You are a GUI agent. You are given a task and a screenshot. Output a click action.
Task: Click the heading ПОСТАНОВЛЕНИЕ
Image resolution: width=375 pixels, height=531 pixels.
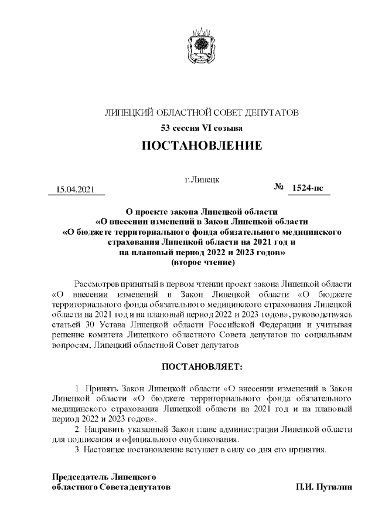[x=202, y=145]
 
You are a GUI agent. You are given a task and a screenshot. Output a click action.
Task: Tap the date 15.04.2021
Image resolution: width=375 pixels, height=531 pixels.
[x=75, y=188]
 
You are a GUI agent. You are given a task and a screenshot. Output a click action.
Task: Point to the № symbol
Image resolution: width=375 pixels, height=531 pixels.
[x=278, y=187]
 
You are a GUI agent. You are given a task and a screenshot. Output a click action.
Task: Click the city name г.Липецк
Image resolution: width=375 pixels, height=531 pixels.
[x=202, y=178]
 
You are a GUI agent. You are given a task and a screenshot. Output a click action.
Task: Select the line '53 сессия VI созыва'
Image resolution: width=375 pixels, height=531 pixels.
[x=202, y=127]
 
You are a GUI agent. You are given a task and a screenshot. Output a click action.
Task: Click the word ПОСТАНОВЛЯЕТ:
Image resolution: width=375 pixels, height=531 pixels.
[x=202, y=367]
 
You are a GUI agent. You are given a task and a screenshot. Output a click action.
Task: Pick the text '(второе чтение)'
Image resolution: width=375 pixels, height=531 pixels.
[x=202, y=262]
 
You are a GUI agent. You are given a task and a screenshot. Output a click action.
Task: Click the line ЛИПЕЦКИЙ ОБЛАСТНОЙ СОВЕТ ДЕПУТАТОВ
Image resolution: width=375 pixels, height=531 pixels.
[x=202, y=111]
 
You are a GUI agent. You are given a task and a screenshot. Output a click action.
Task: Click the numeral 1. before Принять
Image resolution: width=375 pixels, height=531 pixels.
[x=79, y=388]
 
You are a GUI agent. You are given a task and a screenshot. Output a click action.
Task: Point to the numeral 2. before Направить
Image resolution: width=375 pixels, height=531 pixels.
[x=79, y=428]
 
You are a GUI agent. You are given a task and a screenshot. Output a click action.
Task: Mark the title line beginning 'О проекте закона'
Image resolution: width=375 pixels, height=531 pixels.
[x=202, y=210]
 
